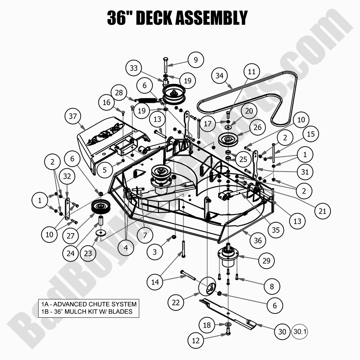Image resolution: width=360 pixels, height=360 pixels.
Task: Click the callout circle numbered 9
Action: [196, 59]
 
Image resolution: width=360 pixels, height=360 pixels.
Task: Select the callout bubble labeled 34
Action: [219, 76]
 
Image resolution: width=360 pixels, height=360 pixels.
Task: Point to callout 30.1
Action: [299, 331]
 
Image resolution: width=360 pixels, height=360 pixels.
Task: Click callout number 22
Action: [176, 302]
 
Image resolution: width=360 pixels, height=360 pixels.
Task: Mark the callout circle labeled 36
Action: [258, 240]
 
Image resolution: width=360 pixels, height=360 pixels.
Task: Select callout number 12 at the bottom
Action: [195, 341]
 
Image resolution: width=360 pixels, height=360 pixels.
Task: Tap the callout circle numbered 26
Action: [258, 128]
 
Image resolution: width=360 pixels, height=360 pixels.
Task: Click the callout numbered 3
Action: [155, 252]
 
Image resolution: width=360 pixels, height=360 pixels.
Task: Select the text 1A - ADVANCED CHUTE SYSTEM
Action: [89, 304]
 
